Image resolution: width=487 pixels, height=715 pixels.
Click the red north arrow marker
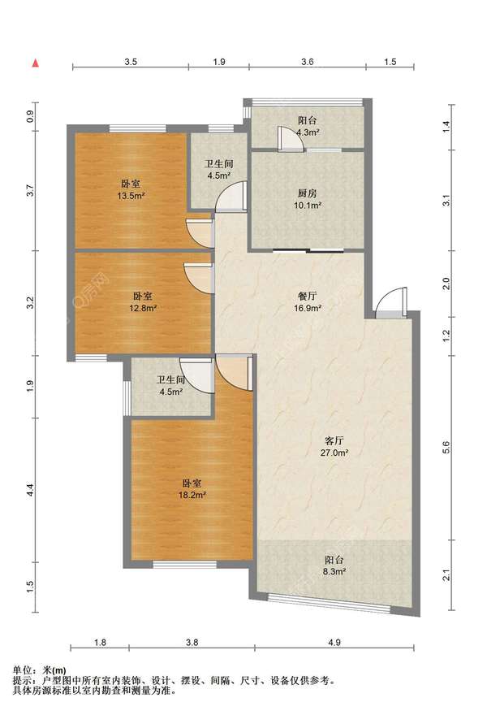click(x=35, y=63)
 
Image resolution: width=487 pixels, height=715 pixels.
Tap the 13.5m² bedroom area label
click(x=131, y=189)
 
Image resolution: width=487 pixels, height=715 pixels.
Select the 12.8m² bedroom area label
click(x=143, y=302)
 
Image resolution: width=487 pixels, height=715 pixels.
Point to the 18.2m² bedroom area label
click(x=192, y=489)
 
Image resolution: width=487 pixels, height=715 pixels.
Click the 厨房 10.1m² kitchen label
click(x=308, y=199)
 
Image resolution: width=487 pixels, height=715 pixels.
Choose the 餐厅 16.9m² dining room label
click(x=308, y=302)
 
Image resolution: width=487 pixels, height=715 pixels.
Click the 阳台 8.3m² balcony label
click(x=334, y=565)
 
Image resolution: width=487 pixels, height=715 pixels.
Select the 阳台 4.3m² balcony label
click(x=308, y=126)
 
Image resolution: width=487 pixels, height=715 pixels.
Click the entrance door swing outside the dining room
click(x=391, y=302)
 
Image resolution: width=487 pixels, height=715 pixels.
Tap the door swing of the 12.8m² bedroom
click(x=199, y=278)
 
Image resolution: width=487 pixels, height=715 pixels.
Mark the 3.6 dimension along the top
click(x=308, y=62)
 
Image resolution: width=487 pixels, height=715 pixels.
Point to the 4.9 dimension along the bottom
click(x=334, y=643)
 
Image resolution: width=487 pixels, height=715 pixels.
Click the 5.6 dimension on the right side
click(x=446, y=448)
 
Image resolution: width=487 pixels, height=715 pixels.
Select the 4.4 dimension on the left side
click(x=30, y=491)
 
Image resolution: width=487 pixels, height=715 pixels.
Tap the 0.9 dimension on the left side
click(x=30, y=117)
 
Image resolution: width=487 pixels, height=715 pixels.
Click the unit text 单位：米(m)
click(x=39, y=670)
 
